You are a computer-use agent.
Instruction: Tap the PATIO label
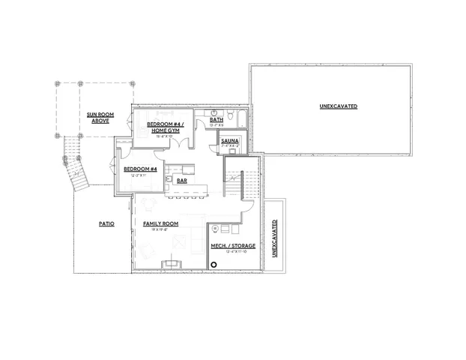[x=106, y=223]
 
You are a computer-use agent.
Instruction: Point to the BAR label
[x=182, y=180]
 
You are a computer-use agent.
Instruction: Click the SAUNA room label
[x=230, y=139]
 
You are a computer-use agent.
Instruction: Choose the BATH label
[x=217, y=119]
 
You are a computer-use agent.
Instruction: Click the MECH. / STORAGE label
[x=233, y=246]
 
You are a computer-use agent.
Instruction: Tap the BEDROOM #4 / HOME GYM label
[x=164, y=127]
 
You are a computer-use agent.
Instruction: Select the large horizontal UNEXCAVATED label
[x=338, y=106]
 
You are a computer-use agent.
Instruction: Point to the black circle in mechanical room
[x=214, y=264]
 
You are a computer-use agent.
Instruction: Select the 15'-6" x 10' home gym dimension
[x=164, y=137]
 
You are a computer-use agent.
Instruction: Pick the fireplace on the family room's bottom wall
[x=174, y=262]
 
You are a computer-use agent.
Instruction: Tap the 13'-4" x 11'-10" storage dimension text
[x=233, y=253]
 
